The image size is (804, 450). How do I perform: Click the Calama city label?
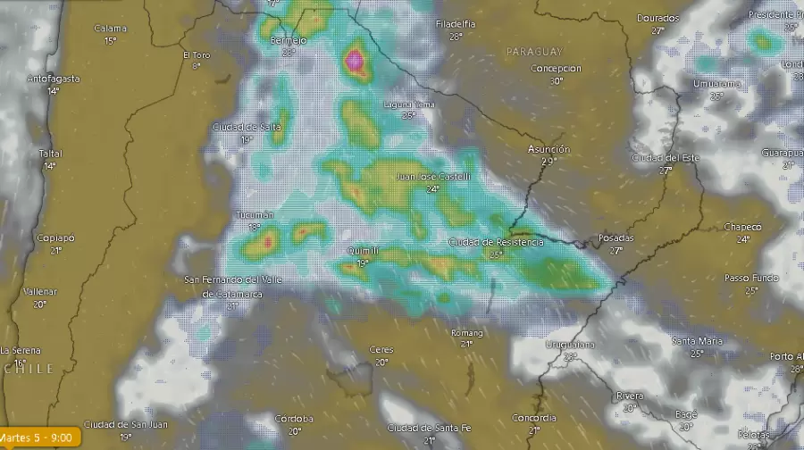pos(110,29)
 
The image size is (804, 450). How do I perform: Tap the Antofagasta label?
pos(54,79)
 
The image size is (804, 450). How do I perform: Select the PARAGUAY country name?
pos(534,52)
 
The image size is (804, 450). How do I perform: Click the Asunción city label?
pos(549,149)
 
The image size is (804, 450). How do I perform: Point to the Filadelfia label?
pos(456,24)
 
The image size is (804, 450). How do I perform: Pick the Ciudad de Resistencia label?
pos(495,242)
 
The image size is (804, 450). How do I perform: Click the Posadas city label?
pos(616,238)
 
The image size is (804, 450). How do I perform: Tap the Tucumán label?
pos(255,216)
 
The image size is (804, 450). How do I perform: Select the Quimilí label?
pos(361,252)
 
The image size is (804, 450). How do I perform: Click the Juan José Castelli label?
pos(432,177)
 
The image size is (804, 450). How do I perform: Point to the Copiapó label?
pos(55,238)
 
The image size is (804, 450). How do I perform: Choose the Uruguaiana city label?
pos(571,345)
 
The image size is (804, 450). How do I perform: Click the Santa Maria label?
pos(697,341)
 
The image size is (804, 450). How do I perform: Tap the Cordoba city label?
pos(294,419)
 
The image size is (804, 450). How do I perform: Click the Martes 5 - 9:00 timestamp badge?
pos(40,438)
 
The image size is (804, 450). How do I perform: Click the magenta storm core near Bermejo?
pos(356,60)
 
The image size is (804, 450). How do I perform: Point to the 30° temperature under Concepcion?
pos(557,81)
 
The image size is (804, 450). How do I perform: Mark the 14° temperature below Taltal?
pos(50,165)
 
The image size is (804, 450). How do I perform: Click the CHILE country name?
pos(29,369)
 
